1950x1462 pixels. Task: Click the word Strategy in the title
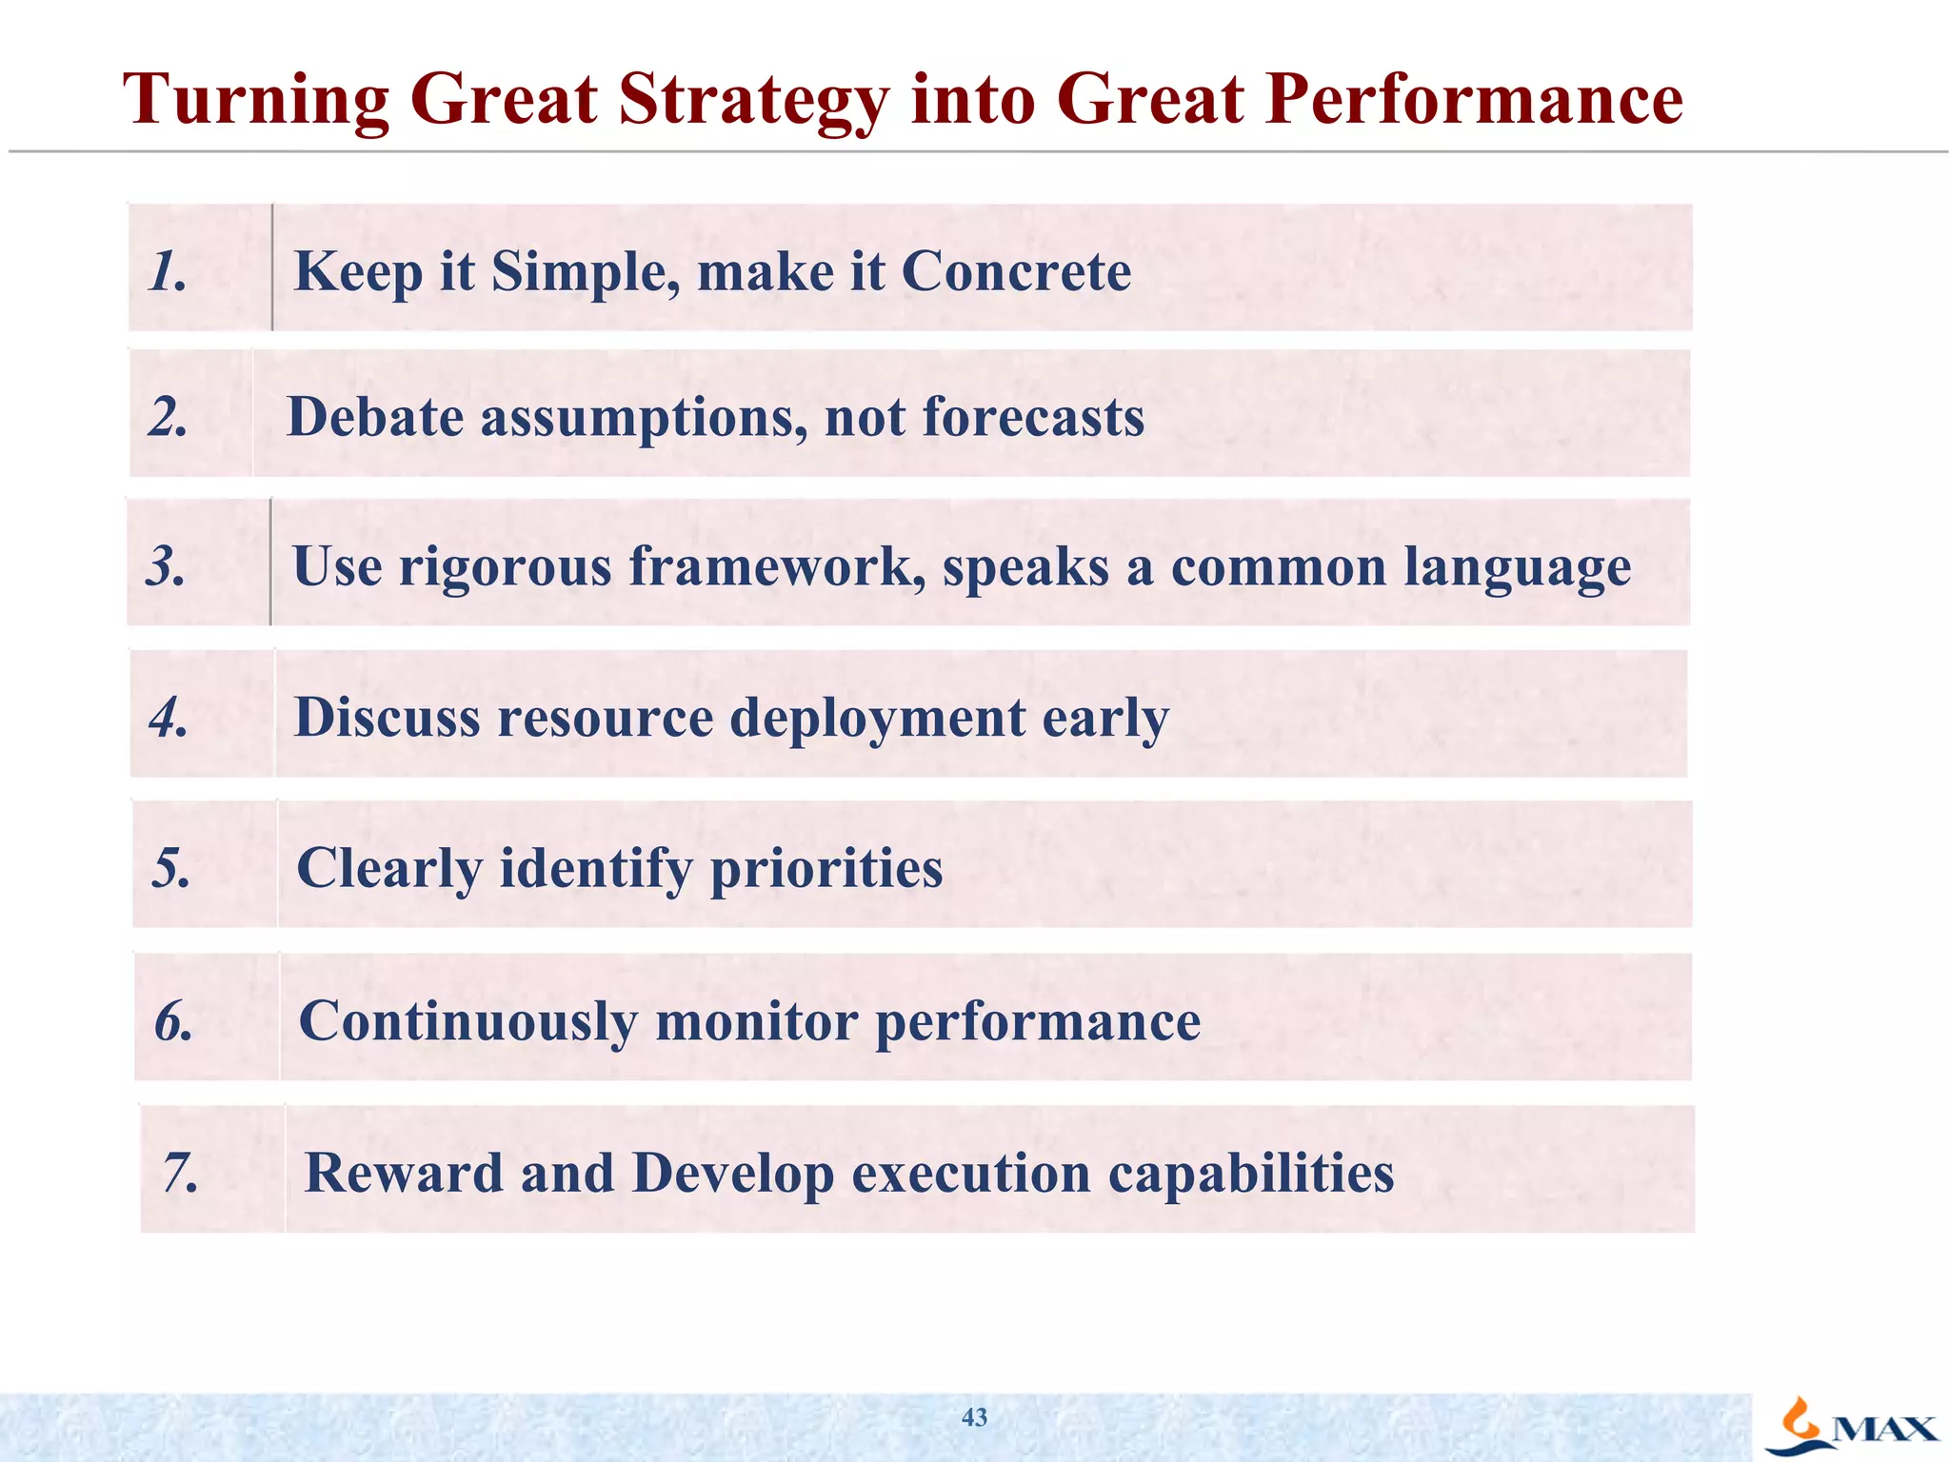point(752,101)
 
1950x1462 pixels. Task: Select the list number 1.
point(168,272)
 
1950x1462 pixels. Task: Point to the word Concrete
point(1016,272)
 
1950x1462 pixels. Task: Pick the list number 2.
point(169,418)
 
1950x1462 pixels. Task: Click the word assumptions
point(643,419)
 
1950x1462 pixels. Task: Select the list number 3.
point(167,566)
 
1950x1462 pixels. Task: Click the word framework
point(777,566)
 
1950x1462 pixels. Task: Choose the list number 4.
point(169,718)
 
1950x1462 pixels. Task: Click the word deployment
point(877,719)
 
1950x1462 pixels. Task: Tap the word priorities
point(826,869)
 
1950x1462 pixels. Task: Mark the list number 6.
point(173,1022)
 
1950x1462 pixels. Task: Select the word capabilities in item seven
point(1251,1174)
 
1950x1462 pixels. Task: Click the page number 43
point(974,1417)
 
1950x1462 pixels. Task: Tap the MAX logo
point(1852,1426)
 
